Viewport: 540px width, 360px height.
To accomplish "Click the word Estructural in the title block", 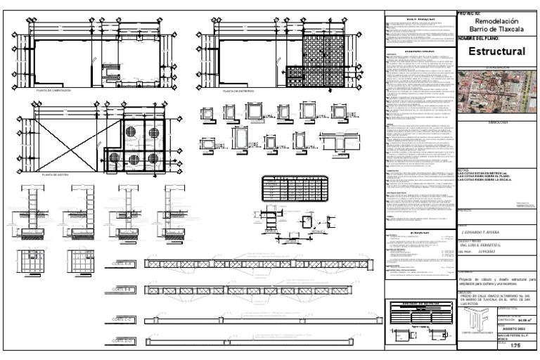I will [x=497, y=52].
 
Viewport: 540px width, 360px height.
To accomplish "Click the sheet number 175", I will [x=515, y=347].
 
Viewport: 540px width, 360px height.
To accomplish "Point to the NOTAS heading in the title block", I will [x=463, y=169].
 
